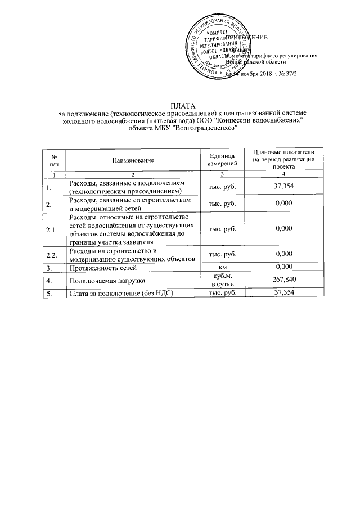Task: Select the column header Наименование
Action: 133,161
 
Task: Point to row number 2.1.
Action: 51,229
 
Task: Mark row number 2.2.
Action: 51,254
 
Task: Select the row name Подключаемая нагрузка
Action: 104,280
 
